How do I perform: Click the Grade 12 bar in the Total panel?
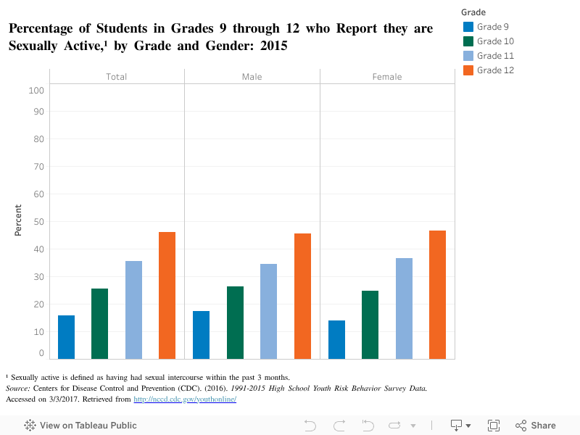click(x=167, y=295)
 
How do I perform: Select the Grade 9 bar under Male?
click(x=201, y=335)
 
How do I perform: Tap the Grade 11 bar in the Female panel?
click(x=404, y=308)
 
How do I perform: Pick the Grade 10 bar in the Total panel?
click(x=99, y=323)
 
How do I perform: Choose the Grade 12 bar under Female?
click(x=437, y=294)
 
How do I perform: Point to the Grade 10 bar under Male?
click(x=235, y=323)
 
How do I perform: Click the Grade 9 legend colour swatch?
click(x=468, y=27)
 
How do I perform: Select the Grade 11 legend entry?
click(x=495, y=56)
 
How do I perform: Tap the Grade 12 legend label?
click(x=495, y=70)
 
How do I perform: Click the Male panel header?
click(x=252, y=76)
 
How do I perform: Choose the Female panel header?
click(x=387, y=76)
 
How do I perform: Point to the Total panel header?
click(x=117, y=76)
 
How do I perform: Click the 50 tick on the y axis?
click(x=36, y=222)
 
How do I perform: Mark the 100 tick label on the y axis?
click(x=36, y=91)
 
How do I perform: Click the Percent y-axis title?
click(x=19, y=220)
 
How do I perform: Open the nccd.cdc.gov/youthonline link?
click(x=185, y=399)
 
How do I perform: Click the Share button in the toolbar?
click(x=536, y=426)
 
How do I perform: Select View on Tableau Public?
click(x=80, y=426)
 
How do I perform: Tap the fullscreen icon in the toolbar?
click(x=494, y=426)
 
